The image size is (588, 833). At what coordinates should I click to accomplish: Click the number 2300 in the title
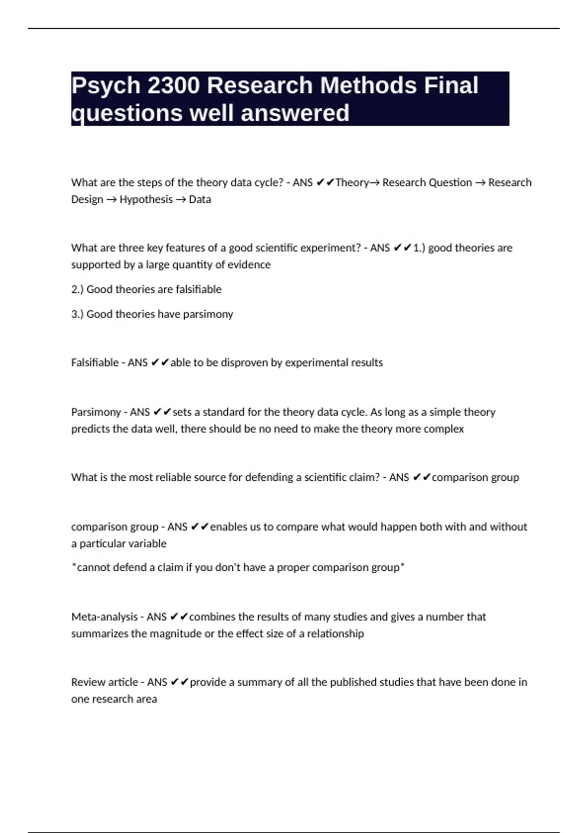pos(173,86)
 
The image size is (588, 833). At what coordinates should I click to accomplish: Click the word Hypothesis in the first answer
pos(146,199)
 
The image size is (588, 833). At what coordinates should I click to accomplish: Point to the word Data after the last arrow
pos(200,199)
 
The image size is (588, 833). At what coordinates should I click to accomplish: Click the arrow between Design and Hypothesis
pos(111,200)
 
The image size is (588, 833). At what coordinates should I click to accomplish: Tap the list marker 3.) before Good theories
pos(77,314)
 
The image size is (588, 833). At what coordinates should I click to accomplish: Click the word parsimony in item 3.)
pos(208,314)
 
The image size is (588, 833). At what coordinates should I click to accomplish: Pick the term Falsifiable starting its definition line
pos(95,363)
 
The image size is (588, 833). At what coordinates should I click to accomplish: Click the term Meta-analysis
pos(104,617)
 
